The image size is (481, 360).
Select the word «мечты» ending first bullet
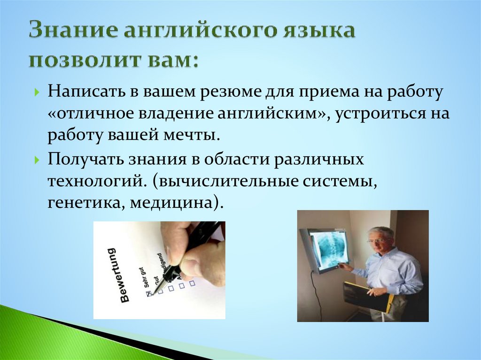point(193,135)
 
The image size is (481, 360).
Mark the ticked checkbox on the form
point(148,293)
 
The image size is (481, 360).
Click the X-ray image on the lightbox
point(329,249)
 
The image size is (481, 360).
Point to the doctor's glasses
point(376,240)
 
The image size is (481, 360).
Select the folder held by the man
point(366,296)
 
